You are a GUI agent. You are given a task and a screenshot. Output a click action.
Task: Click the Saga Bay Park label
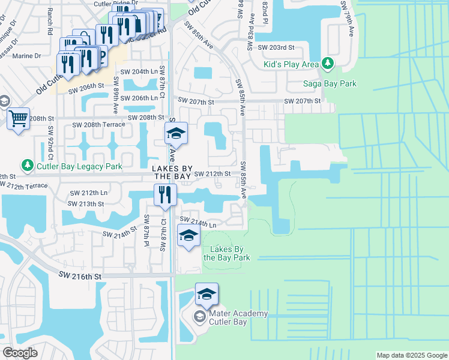[x=330, y=83]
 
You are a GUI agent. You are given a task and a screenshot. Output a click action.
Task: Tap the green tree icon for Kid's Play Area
[x=327, y=62]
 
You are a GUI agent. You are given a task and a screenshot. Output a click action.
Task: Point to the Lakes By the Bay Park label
[x=226, y=253]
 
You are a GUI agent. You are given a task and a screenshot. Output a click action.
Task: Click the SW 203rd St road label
[x=276, y=47]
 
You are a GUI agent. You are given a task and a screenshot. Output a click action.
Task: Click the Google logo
[x=20, y=353]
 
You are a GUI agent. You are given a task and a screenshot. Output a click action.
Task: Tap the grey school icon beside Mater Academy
[x=199, y=316]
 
